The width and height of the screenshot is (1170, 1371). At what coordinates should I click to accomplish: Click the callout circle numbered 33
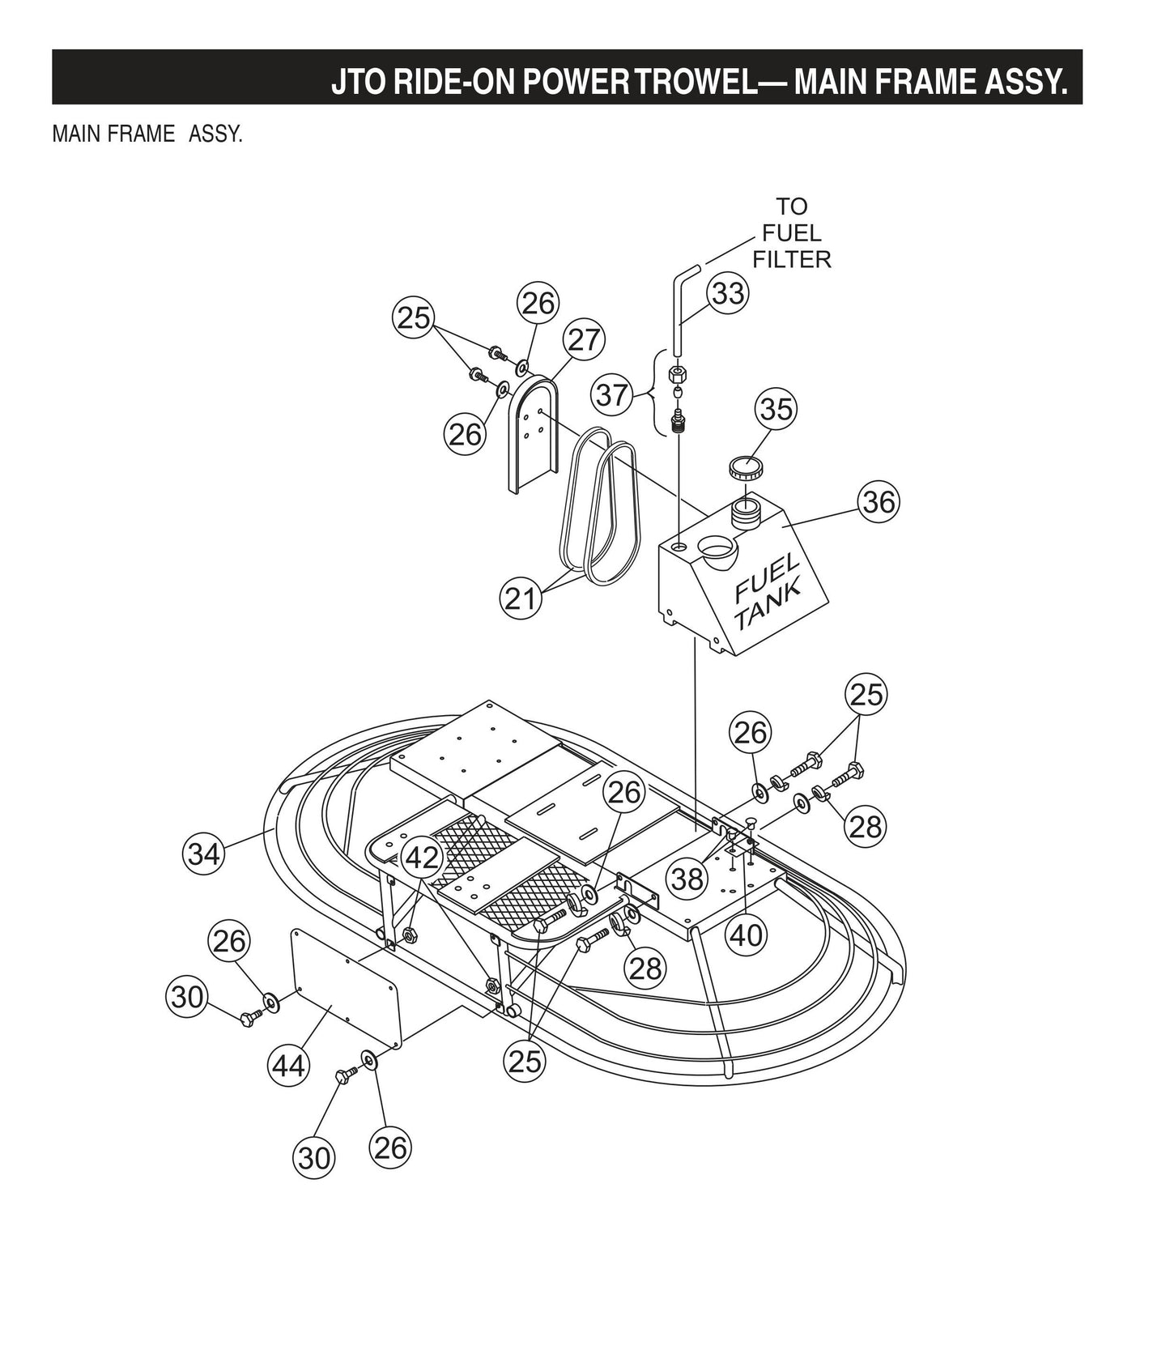727,293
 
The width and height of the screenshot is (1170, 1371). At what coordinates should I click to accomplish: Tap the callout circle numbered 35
776,409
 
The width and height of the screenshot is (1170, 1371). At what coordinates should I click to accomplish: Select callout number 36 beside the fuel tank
879,502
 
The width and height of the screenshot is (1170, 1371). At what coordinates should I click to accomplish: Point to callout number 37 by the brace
613,395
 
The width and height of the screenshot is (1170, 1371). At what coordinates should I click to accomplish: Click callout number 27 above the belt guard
585,339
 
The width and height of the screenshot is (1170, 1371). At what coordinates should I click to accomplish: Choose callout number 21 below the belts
520,598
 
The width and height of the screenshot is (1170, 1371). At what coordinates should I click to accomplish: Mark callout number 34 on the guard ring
203,854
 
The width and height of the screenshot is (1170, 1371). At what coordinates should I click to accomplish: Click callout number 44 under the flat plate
288,1065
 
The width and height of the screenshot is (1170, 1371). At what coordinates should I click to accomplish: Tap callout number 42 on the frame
423,858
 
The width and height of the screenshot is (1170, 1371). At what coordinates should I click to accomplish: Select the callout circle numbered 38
687,877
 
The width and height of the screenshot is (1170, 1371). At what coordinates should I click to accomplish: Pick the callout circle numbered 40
747,935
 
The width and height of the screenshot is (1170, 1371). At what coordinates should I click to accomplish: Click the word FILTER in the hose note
791,259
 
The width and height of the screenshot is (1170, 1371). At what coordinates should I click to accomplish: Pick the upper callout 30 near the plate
187,996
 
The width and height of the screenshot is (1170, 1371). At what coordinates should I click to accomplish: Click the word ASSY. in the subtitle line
215,134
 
